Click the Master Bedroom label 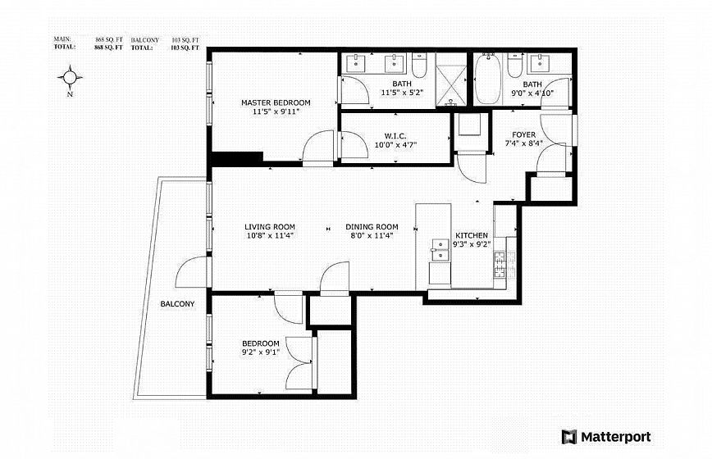coord(276,103)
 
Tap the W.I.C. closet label coord(395,136)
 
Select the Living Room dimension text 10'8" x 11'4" coord(270,235)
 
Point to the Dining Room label coord(372,227)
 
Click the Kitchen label coord(472,235)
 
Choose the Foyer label coord(523,134)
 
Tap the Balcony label coord(177,304)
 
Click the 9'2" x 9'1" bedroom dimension coord(260,352)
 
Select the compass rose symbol coord(70,78)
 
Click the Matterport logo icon coord(569,437)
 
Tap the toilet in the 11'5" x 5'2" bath coord(419,65)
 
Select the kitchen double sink coord(439,250)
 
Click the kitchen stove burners coord(500,265)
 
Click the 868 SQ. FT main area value coord(109,39)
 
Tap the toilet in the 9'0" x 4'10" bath coord(514,66)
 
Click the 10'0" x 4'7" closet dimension coord(395,145)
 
